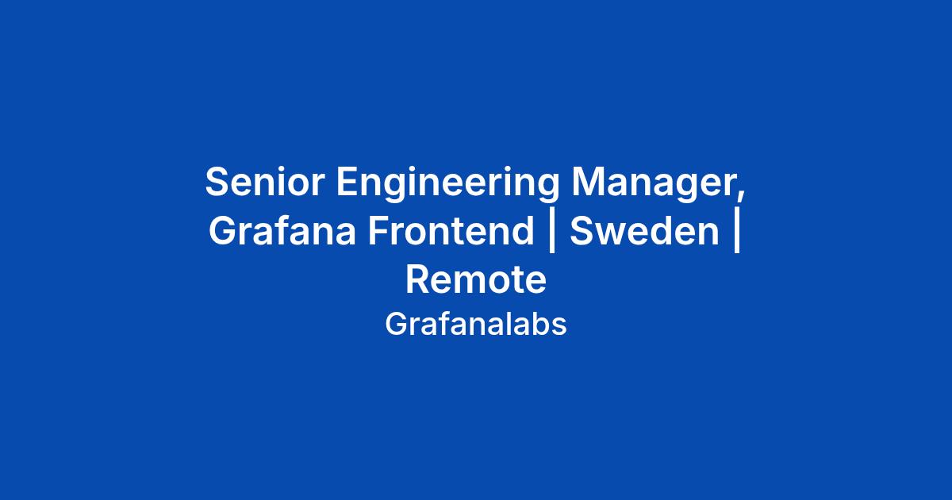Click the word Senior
[265, 182]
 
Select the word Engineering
[447, 183]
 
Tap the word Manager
[654, 183]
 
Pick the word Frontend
[451, 230]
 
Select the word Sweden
[644, 230]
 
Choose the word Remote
[476, 279]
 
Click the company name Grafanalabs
[476, 325]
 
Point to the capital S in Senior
[218, 182]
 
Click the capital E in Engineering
[348, 182]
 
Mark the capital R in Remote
[418, 279]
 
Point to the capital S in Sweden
[582, 230]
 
